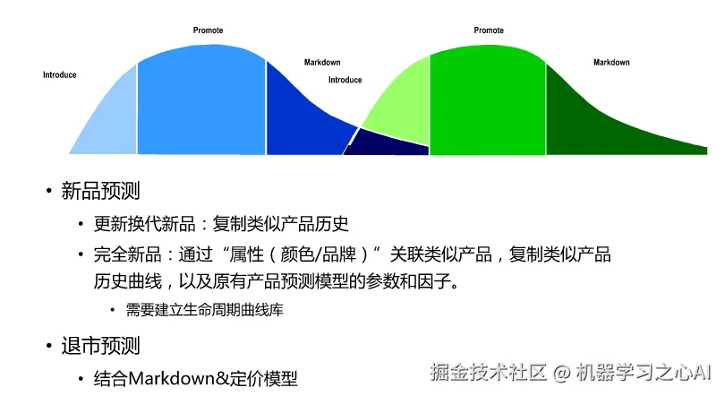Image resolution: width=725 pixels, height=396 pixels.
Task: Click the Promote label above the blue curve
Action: point(209,30)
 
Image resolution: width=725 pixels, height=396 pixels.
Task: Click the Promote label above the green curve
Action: point(489,30)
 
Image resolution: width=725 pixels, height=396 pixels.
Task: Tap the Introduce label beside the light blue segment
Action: point(60,75)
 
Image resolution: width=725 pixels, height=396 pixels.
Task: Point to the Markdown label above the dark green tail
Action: point(611,63)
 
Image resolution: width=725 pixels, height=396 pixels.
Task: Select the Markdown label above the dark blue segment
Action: point(322,63)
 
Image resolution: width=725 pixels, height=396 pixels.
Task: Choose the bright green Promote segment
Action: point(488,99)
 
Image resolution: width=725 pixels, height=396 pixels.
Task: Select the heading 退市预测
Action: point(100,345)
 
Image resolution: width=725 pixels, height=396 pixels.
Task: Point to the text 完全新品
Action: point(124,254)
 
